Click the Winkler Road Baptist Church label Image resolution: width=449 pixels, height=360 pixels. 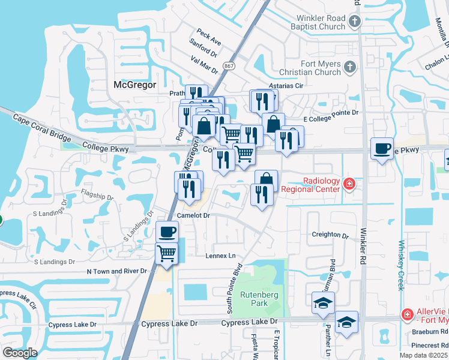[316, 22]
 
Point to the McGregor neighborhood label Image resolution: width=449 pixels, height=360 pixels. [134, 85]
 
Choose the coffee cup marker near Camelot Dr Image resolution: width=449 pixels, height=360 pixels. [167, 231]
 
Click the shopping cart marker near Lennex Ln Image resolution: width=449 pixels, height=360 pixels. [166, 253]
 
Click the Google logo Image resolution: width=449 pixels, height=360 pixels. [19, 353]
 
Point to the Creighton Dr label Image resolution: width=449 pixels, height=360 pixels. [330, 236]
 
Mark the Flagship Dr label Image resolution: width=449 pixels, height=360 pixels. [97, 196]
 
